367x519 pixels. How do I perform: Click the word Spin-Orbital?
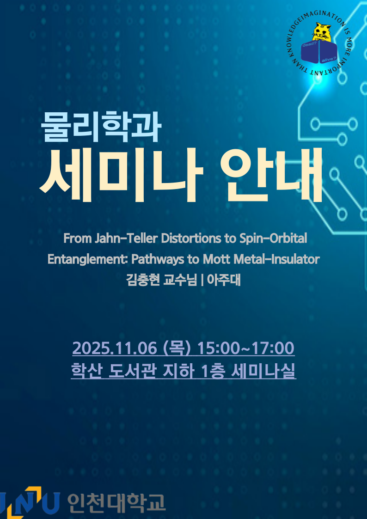pyautogui.click(x=273, y=238)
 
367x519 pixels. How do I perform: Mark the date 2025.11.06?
pyautogui.click(x=115, y=348)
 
